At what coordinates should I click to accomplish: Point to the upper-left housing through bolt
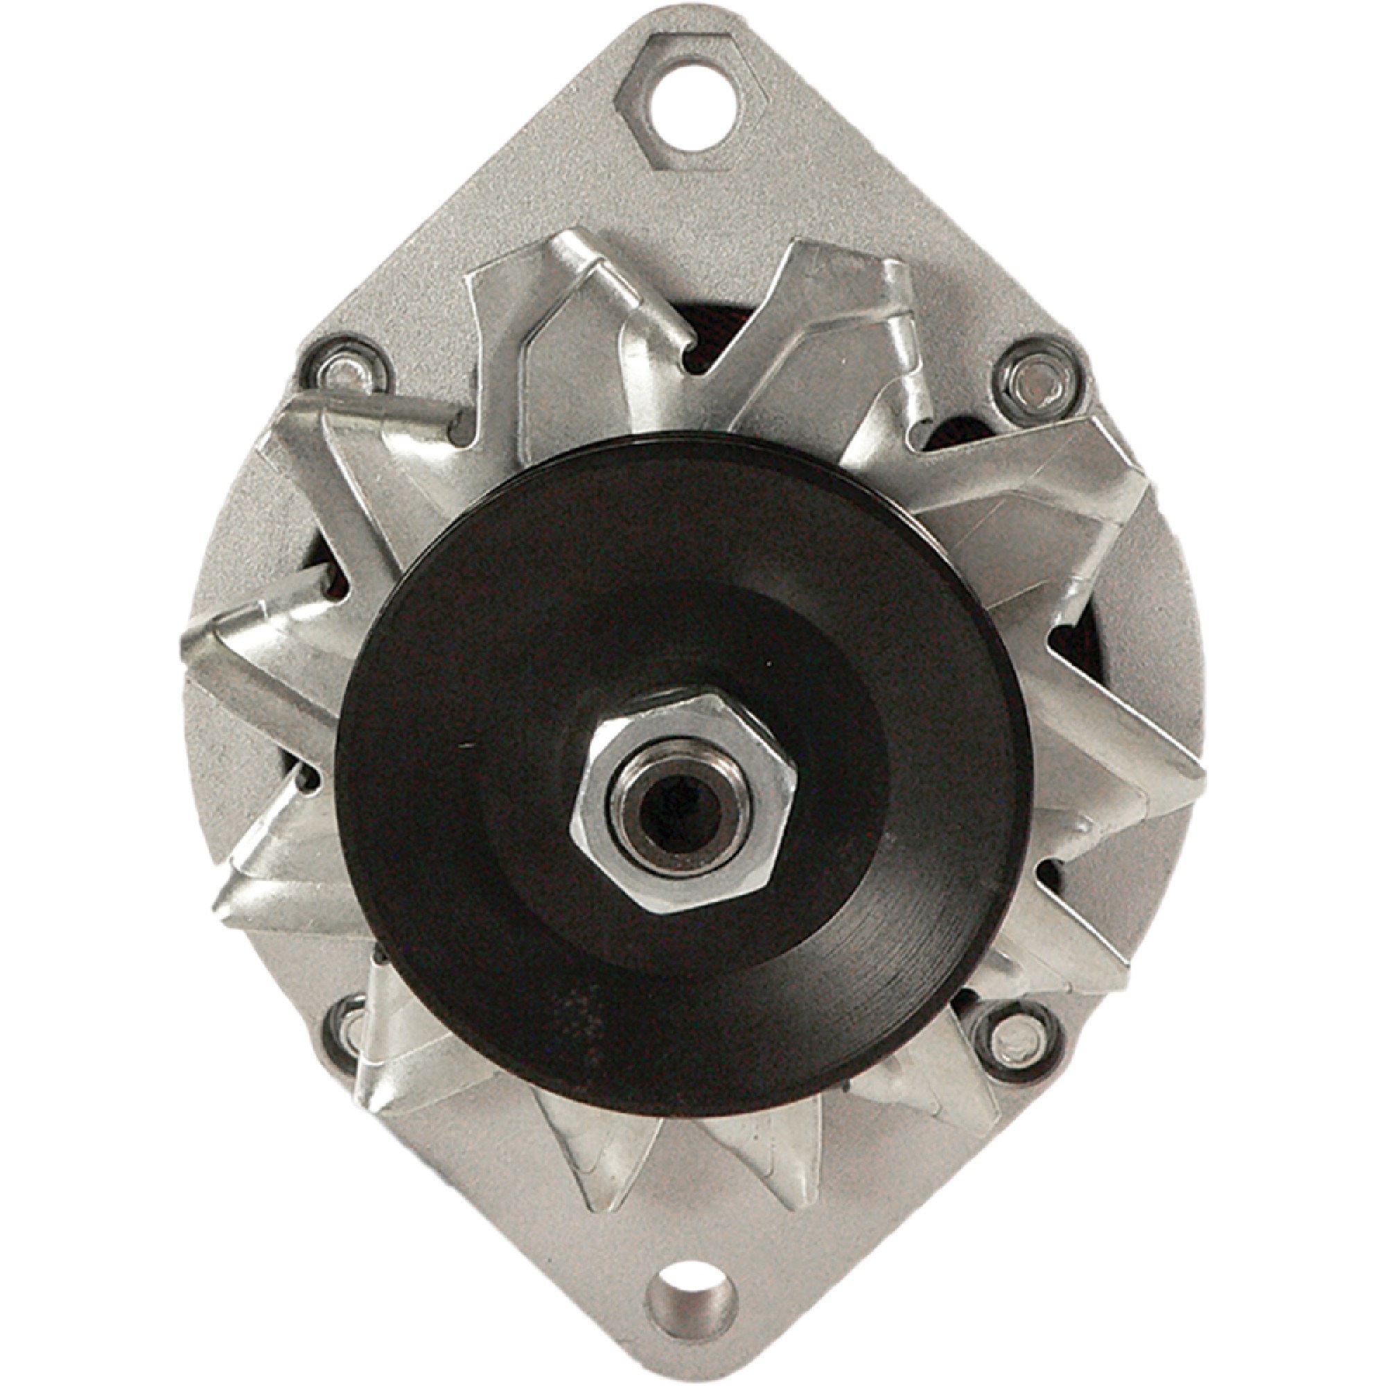[x=348, y=373]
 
